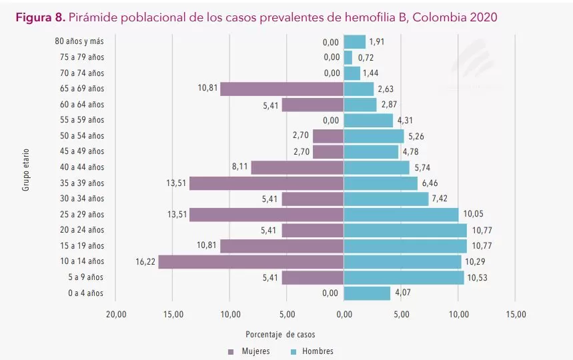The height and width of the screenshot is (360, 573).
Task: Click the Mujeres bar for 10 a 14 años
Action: pos(251,261)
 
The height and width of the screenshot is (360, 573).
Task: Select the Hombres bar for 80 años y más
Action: pos(355,41)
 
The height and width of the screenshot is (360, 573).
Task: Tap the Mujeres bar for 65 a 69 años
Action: pos(281,89)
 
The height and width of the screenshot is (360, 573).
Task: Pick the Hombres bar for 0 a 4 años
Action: pos(367,293)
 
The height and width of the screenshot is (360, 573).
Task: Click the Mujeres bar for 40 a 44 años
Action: pos(297,167)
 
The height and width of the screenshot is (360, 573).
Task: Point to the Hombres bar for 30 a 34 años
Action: pos(386,199)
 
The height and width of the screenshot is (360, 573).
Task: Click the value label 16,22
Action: pos(145,261)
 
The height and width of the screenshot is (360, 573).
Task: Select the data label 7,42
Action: pos(440,199)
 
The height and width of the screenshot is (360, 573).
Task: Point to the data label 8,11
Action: pos(240,167)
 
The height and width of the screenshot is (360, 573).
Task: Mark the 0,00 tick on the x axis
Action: pos(344,314)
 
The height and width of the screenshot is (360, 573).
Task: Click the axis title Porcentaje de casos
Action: pos(280,334)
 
